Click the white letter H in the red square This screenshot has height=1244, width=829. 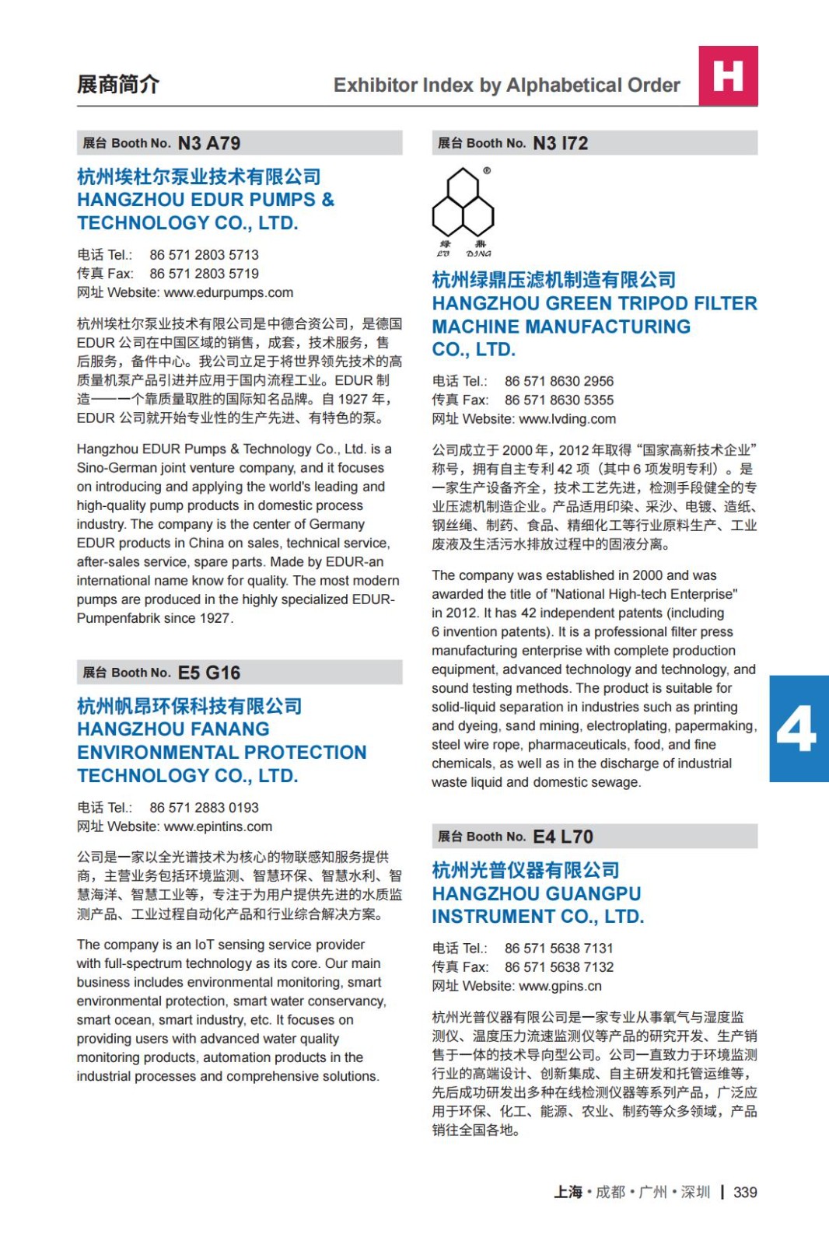pyautogui.click(x=728, y=76)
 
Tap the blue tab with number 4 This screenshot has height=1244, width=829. pyautogui.click(x=798, y=729)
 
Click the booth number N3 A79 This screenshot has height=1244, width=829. pyautogui.click(x=209, y=143)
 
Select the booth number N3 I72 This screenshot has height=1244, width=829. pyautogui.click(x=560, y=143)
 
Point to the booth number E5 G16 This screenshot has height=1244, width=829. pyautogui.click(x=209, y=673)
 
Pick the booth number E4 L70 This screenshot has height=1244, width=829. pyautogui.click(x=563, y=837)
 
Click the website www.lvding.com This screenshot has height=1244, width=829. pyautogui.click(x=567, y=419)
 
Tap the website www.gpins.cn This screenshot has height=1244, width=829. pyautogui.click(x=560, y=986)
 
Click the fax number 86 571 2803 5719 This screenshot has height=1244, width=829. pyautogui.click(x=204, y=274)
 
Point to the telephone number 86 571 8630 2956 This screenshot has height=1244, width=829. pyautogui.click(x=558, y=381)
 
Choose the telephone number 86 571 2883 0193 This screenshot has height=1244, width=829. pyautogui.click(x=204, y=808)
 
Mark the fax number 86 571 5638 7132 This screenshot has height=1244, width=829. pyautogui.click(x=558, y=967)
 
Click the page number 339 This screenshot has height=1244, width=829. pyautogui.click(x=745, y=1192)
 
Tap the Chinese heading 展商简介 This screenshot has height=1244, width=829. pyautogui.click(x=118, y=84)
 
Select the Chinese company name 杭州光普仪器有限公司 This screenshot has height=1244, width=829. pyautogui.click(x=526, y=870)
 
